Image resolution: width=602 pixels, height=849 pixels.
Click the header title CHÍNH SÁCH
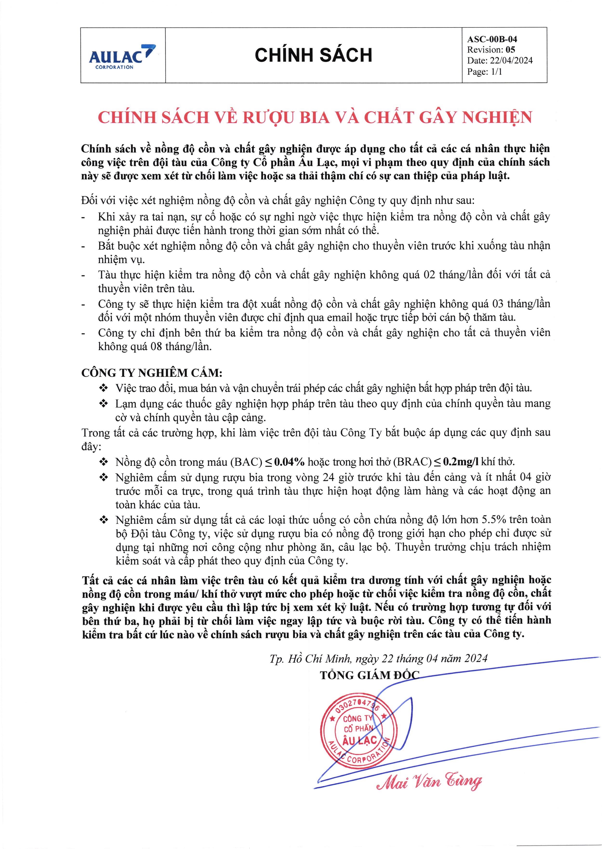tap(313, 55)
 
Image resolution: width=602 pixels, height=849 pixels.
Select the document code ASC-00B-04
tap(492, 39)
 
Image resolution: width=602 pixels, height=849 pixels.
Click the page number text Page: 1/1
tap(484, 72)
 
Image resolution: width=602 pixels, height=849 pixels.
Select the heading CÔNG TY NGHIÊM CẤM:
tap(152, 372)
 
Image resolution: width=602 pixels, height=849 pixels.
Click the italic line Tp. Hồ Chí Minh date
tap(378, 658)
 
